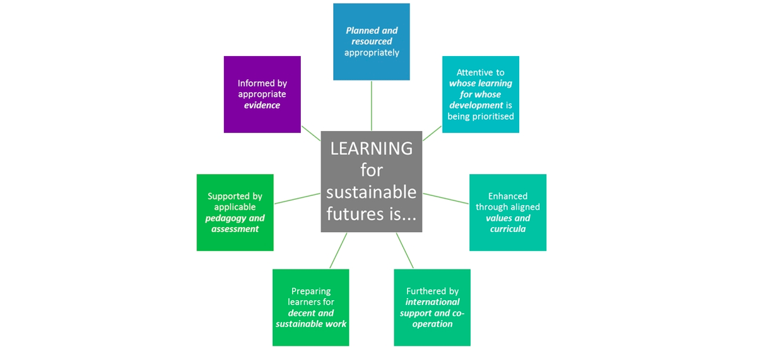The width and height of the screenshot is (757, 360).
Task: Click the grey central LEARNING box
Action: pyautogui.click(x=372, y=181)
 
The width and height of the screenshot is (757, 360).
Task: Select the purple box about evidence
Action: pyautogui.click(x=262, y=94)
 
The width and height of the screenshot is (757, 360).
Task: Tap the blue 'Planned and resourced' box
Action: pyautogui.click(x=372, y=42)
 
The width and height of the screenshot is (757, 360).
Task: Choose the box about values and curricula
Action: pyautogui.click(x=508, y=212)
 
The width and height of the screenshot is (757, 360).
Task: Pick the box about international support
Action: pyautogui.click(x=432, y=308)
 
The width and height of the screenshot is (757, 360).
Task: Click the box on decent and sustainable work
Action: pyautogui.click(x=311, y=308)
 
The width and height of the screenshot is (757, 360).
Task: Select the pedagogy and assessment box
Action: pyautogui.click(x=235, y=212)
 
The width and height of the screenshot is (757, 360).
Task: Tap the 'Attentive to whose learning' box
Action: pyautogui.click(x=481, y=95)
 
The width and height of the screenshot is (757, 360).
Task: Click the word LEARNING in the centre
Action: pyautogui.click(x=372, y=149)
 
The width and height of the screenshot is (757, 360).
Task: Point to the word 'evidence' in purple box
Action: pyautogui.click(x=262, y=105)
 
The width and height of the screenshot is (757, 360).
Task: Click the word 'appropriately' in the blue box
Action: pyautogui.click(x=372, y=53)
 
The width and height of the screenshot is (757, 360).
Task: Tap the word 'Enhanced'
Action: pyautogui.click(x=508, y=196)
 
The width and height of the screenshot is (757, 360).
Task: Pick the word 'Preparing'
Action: pyautogui.click(x=311, y=291)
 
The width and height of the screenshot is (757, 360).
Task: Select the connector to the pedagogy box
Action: pyautogui.click(x=297, y=197)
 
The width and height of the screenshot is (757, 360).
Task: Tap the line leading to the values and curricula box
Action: pyautogui.click(x=446, y=198)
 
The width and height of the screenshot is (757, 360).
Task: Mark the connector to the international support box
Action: pyautogui.click(x=405, y=251)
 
